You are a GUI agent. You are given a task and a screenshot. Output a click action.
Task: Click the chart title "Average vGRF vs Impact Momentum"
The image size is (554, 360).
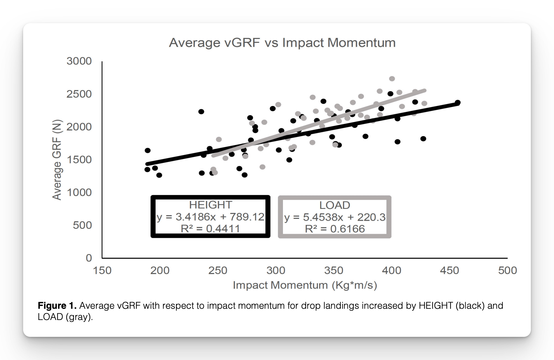click(282, 43)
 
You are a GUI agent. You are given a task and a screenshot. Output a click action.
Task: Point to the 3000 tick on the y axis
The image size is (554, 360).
click(79, 61)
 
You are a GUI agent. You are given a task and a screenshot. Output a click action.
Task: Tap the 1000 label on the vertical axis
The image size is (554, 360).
click(79, 192)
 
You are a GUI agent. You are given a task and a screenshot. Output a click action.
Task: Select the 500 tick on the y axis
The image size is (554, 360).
click(82, 225)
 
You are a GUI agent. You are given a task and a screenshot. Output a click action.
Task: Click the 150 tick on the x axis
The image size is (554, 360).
click(102, 270)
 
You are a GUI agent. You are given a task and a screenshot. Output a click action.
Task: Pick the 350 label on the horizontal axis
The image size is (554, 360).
click(334, 270)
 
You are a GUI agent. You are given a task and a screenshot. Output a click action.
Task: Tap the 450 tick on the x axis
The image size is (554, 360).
click(450, 270)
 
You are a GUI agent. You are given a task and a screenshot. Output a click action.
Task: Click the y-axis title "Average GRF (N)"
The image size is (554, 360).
click(57, 160)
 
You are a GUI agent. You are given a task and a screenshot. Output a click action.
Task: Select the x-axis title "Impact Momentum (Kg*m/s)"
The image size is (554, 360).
click(305, 285)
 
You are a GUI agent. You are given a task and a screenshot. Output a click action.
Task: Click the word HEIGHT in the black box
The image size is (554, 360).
click(210, 205)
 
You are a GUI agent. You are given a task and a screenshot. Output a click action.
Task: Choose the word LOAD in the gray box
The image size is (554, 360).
click(335, 205)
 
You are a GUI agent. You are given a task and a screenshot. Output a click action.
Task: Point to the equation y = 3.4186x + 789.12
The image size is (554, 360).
click(210, 217)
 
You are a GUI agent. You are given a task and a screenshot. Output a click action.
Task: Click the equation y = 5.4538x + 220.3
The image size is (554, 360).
click(335, 217)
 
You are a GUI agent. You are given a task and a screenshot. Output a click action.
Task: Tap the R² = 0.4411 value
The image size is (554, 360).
click(210, 228)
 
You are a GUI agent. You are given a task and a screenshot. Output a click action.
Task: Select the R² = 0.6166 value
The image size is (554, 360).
click(335, 229)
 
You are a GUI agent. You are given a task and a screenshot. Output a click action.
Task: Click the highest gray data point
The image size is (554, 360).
click(392, 79)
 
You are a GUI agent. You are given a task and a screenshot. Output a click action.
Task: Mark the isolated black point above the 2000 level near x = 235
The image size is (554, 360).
click(201, 112)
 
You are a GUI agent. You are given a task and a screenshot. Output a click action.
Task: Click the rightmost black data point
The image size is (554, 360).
click(458, 102)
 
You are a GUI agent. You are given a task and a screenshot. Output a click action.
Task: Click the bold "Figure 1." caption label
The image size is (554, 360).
click(57, 306)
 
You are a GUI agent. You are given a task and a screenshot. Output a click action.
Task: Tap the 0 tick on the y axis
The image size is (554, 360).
click(89, 258)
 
